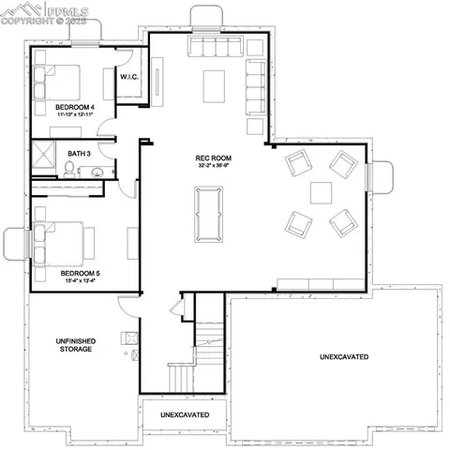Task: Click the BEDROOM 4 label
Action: click(71, 108)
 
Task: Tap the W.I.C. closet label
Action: click(129, 77)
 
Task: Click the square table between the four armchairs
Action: click(322, 193)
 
